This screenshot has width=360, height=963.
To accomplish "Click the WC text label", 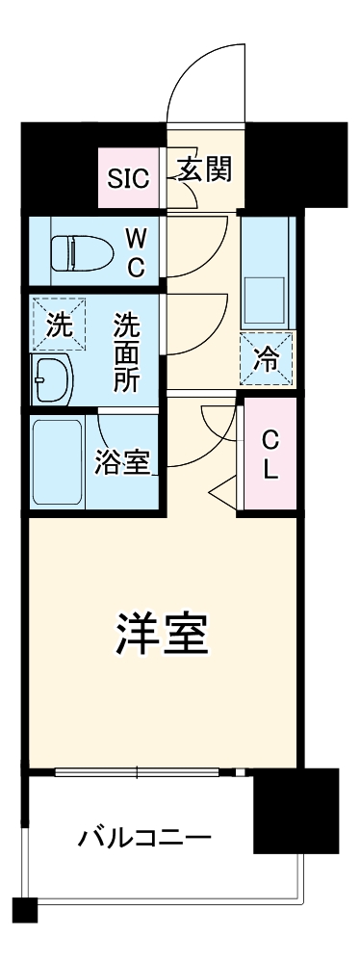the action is tap(136, 251).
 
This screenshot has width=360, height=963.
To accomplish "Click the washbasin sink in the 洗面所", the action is tap(52, 378).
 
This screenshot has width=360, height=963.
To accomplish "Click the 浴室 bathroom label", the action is tap(123, 462).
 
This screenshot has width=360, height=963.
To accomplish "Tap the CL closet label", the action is tap(270, 455).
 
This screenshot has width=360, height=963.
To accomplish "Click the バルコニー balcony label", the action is tap(144, 836).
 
